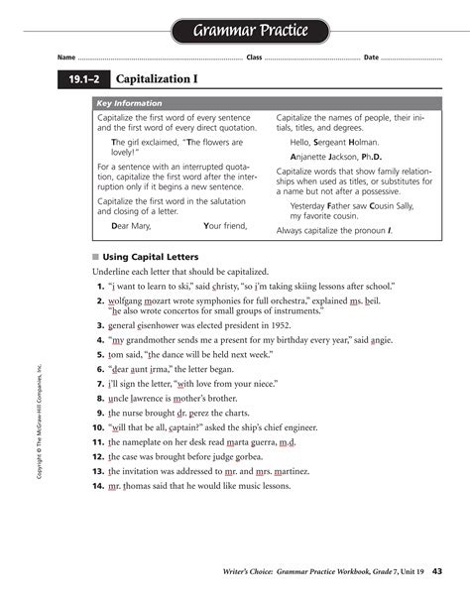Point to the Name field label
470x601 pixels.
(66, 57)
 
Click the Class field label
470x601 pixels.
(254, 57)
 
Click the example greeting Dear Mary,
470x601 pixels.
(130, 226)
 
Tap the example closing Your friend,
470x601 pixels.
(225, 226)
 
